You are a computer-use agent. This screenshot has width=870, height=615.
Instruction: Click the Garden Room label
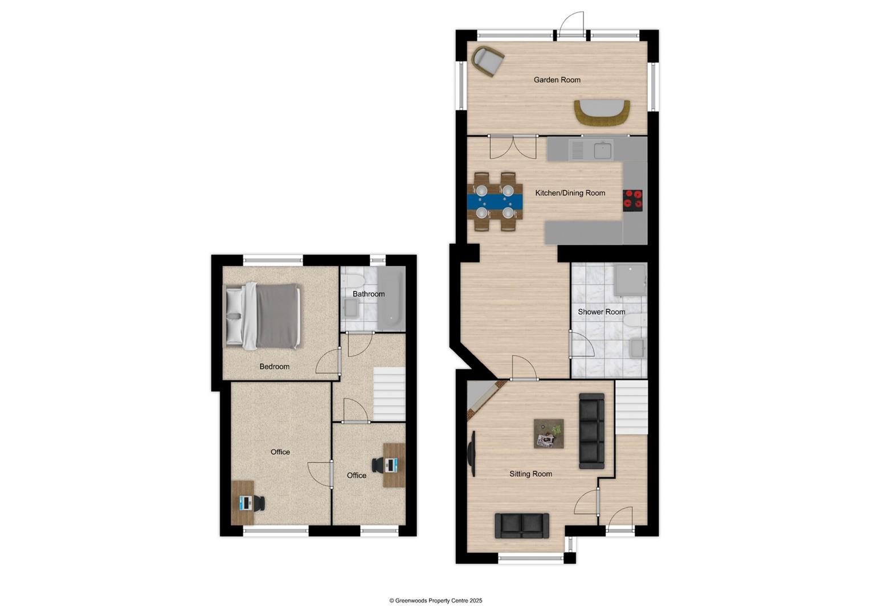(557, 80)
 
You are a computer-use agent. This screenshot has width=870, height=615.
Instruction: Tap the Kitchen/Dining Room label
(570, 193)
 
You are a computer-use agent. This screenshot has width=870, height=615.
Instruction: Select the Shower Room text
(601, 312)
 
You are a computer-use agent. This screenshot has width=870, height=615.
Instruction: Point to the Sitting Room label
(530, 474)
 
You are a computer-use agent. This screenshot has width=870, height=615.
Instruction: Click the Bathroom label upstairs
(368, 294)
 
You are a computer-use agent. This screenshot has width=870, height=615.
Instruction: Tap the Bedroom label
(274, 367)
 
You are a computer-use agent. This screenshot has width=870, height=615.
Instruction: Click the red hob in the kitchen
(632, 200)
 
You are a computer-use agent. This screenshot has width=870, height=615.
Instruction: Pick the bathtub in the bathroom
(391, 298)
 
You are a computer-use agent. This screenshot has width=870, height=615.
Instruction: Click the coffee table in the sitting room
(549, 434)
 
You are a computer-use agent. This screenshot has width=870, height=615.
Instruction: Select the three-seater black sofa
(591, 431)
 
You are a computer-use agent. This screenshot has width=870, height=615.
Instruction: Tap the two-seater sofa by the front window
(522, 526)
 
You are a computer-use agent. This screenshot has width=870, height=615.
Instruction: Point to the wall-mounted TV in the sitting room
(472, 453)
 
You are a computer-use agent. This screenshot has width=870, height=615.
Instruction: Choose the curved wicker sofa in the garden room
(602, 113)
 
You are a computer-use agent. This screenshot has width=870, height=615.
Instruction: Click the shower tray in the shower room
(630, 279)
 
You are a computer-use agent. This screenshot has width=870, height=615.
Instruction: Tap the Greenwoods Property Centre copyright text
(435, 601)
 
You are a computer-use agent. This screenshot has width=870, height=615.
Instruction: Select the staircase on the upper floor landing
(389, 393)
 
